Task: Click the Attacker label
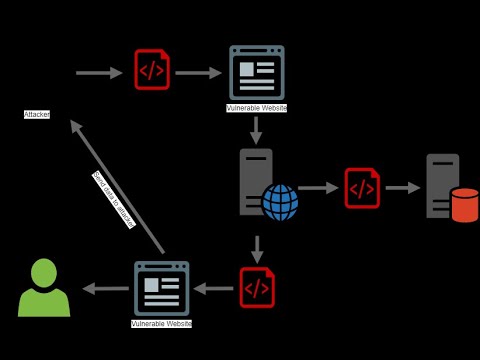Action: (37, 115)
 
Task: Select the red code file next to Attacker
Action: (152, 70)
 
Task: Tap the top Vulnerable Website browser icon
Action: (256, 72)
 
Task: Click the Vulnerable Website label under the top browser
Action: (256, 108)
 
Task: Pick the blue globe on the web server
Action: (280, 202)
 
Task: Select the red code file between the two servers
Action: (362, 188)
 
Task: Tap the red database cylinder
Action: (464, 205)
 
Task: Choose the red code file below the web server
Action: (257, 288)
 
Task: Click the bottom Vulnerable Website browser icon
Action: (161, 288)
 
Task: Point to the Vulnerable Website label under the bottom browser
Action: (161, 324)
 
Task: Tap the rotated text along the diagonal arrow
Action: (113, 200)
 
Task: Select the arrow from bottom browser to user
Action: (105, 288)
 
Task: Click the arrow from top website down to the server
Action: (256, 131)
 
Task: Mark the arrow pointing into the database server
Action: (403, 188)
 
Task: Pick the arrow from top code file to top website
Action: (198, 72)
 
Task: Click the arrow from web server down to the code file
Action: (257, 249)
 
